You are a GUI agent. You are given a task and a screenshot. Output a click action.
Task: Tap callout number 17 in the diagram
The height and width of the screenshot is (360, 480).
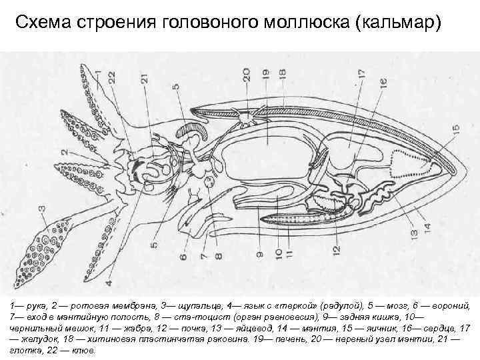(x=362, y=75)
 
